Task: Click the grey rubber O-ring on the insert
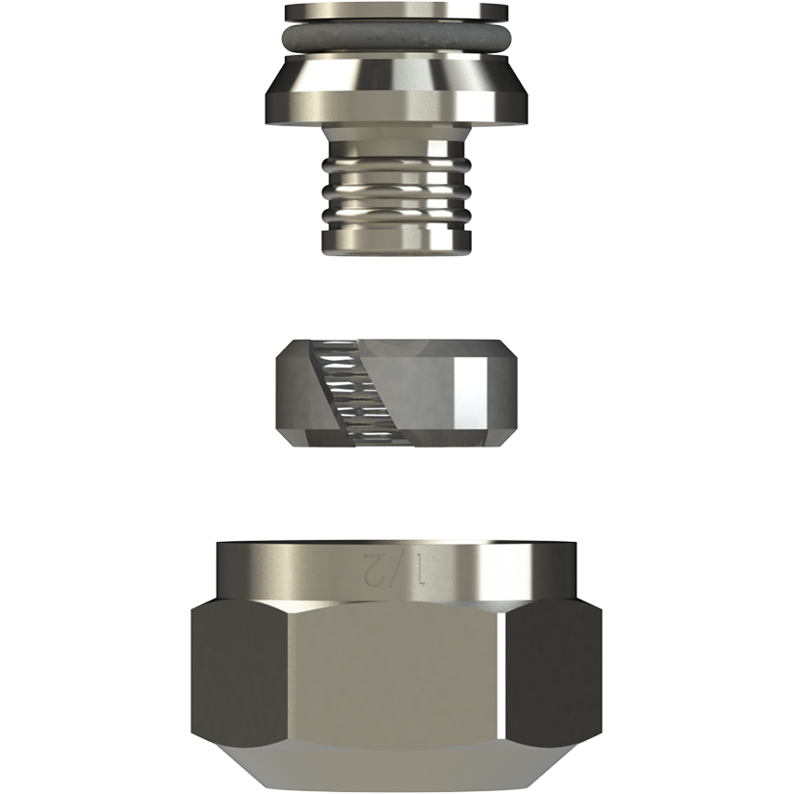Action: tap(396, 38)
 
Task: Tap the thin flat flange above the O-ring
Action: tap(396, 13)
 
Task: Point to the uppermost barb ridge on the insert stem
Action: tap(397, 164)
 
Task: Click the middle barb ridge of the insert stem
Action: tap(397, 191)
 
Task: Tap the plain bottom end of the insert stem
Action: tap(397, 243)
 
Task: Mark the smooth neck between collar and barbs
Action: tap(397, 140)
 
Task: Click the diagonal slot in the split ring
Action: tap(338, 394)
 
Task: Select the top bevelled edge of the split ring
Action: tap(396, 349)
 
